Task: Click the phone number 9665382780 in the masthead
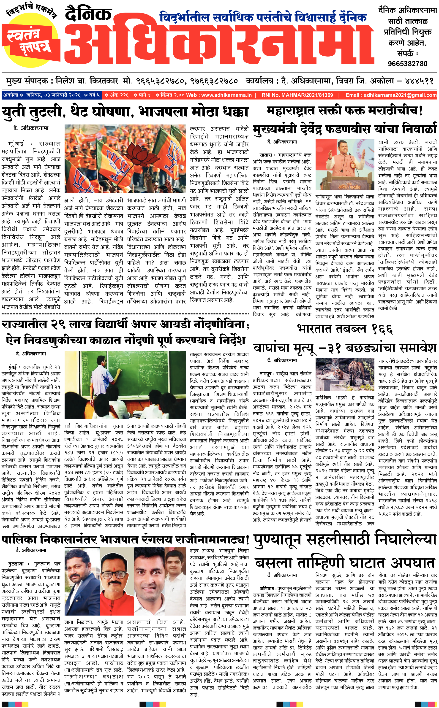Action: (x=407, y=64)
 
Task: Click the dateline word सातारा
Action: (x=266, y=155)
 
